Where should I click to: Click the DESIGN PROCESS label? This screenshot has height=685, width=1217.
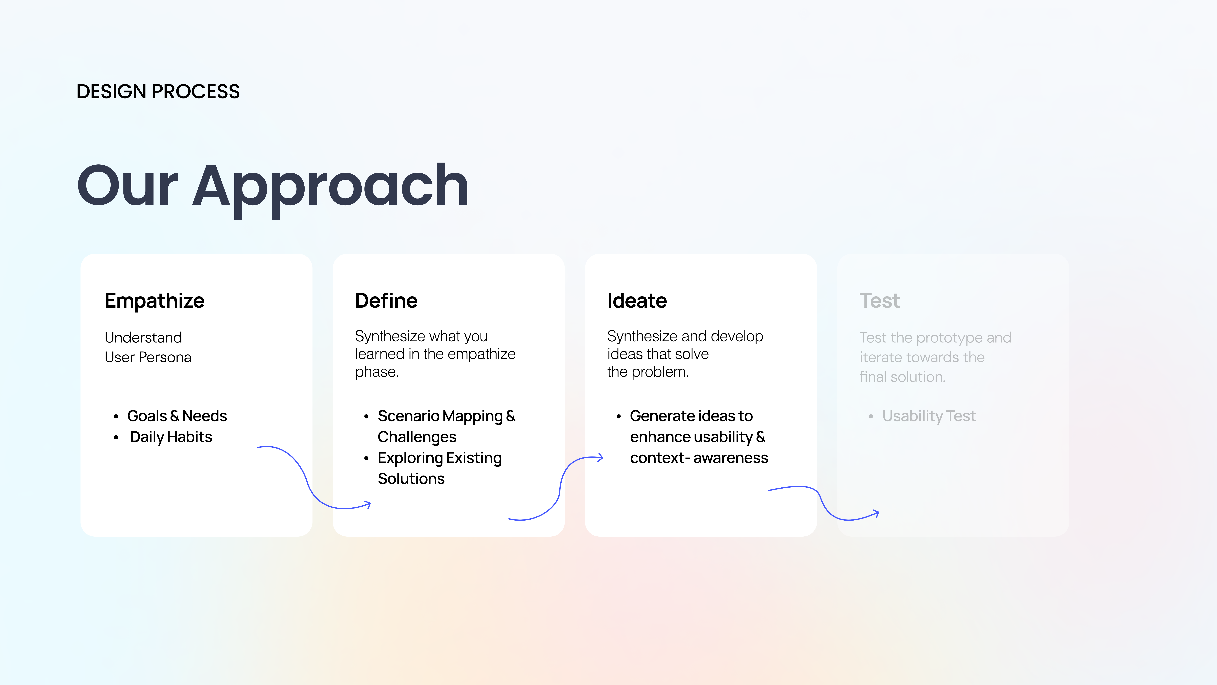click(x=158, y=91)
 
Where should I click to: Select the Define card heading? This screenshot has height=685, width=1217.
click(x=386, y=301)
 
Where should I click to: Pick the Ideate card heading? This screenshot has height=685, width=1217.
click(x=637, y=301)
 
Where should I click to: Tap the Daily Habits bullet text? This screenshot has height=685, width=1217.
click(x=171, y=437)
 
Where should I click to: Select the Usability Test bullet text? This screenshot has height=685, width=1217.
click(x=929, y=416)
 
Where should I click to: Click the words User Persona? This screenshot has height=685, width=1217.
click(x=148, y=357)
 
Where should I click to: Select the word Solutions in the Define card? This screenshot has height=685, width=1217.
click(x=411, y=479)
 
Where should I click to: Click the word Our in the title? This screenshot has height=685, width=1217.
click(x=128, y=185)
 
